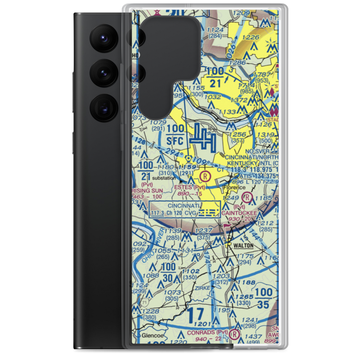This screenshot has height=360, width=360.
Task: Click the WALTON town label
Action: point(244,246)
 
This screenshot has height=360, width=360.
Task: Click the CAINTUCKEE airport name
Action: point(239,213)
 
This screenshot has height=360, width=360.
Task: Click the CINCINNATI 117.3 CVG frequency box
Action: point(184,209)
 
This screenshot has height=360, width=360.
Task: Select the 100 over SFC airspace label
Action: point(176,135)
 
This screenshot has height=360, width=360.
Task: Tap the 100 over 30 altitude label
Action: point(168,273)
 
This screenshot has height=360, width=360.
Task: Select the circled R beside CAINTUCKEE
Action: point(247,197)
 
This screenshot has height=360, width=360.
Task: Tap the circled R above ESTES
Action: point(204,176)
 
